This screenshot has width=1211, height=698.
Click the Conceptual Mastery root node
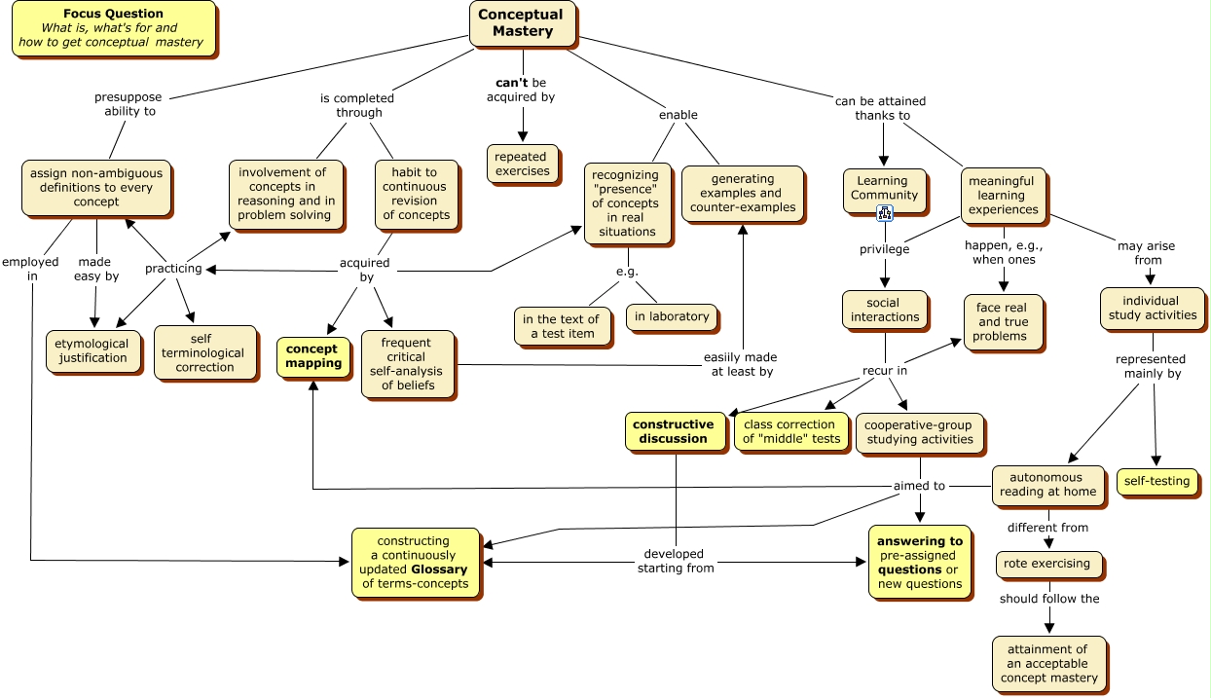[522, 23]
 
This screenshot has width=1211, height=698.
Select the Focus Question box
[113, 28]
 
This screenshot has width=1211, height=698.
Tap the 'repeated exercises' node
[522, 164]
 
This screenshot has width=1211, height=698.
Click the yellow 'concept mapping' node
[312, 356]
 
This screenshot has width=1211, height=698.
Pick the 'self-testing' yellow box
[1156, 481]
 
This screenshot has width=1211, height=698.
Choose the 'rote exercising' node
[1048, 564]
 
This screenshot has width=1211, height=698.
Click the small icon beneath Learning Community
[885, 213]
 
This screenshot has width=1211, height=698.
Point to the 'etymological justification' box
[92, 350]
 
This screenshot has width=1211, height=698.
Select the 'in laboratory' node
[672, 316]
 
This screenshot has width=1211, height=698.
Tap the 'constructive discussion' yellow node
[673, 431]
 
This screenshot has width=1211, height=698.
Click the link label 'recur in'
[885, 371]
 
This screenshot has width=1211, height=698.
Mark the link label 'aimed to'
[919, 486]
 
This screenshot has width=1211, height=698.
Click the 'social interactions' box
[885, 310]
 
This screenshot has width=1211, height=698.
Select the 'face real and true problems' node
[1002, 322]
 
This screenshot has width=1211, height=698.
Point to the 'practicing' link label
[173, 269]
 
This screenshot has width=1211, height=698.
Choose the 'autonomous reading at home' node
[1047, 485]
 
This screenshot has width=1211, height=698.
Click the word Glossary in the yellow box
[439, 569]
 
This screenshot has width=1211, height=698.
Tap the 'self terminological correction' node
[204, 352]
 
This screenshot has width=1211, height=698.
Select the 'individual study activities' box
[1152, 309]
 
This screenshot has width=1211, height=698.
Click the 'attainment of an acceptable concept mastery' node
[1048, 663]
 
